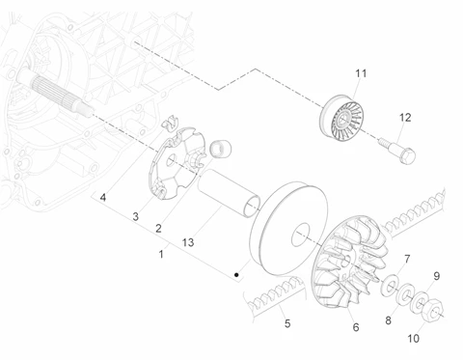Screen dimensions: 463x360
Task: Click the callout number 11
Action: [x=361, y=73]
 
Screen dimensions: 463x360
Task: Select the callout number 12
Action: [x=405, y=118]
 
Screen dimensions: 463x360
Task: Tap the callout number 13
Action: [x=188, y=242]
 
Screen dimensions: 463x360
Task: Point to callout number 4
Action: [x=103, y=197]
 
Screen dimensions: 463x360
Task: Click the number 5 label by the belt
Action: [x=287, y=323]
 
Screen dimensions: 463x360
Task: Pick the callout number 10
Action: [x=414, y=338]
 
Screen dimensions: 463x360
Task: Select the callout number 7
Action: [x=407, y=259]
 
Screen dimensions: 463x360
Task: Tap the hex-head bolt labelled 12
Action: [x=398, y=151]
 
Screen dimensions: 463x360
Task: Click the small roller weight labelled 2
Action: [x=221, y=149]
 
